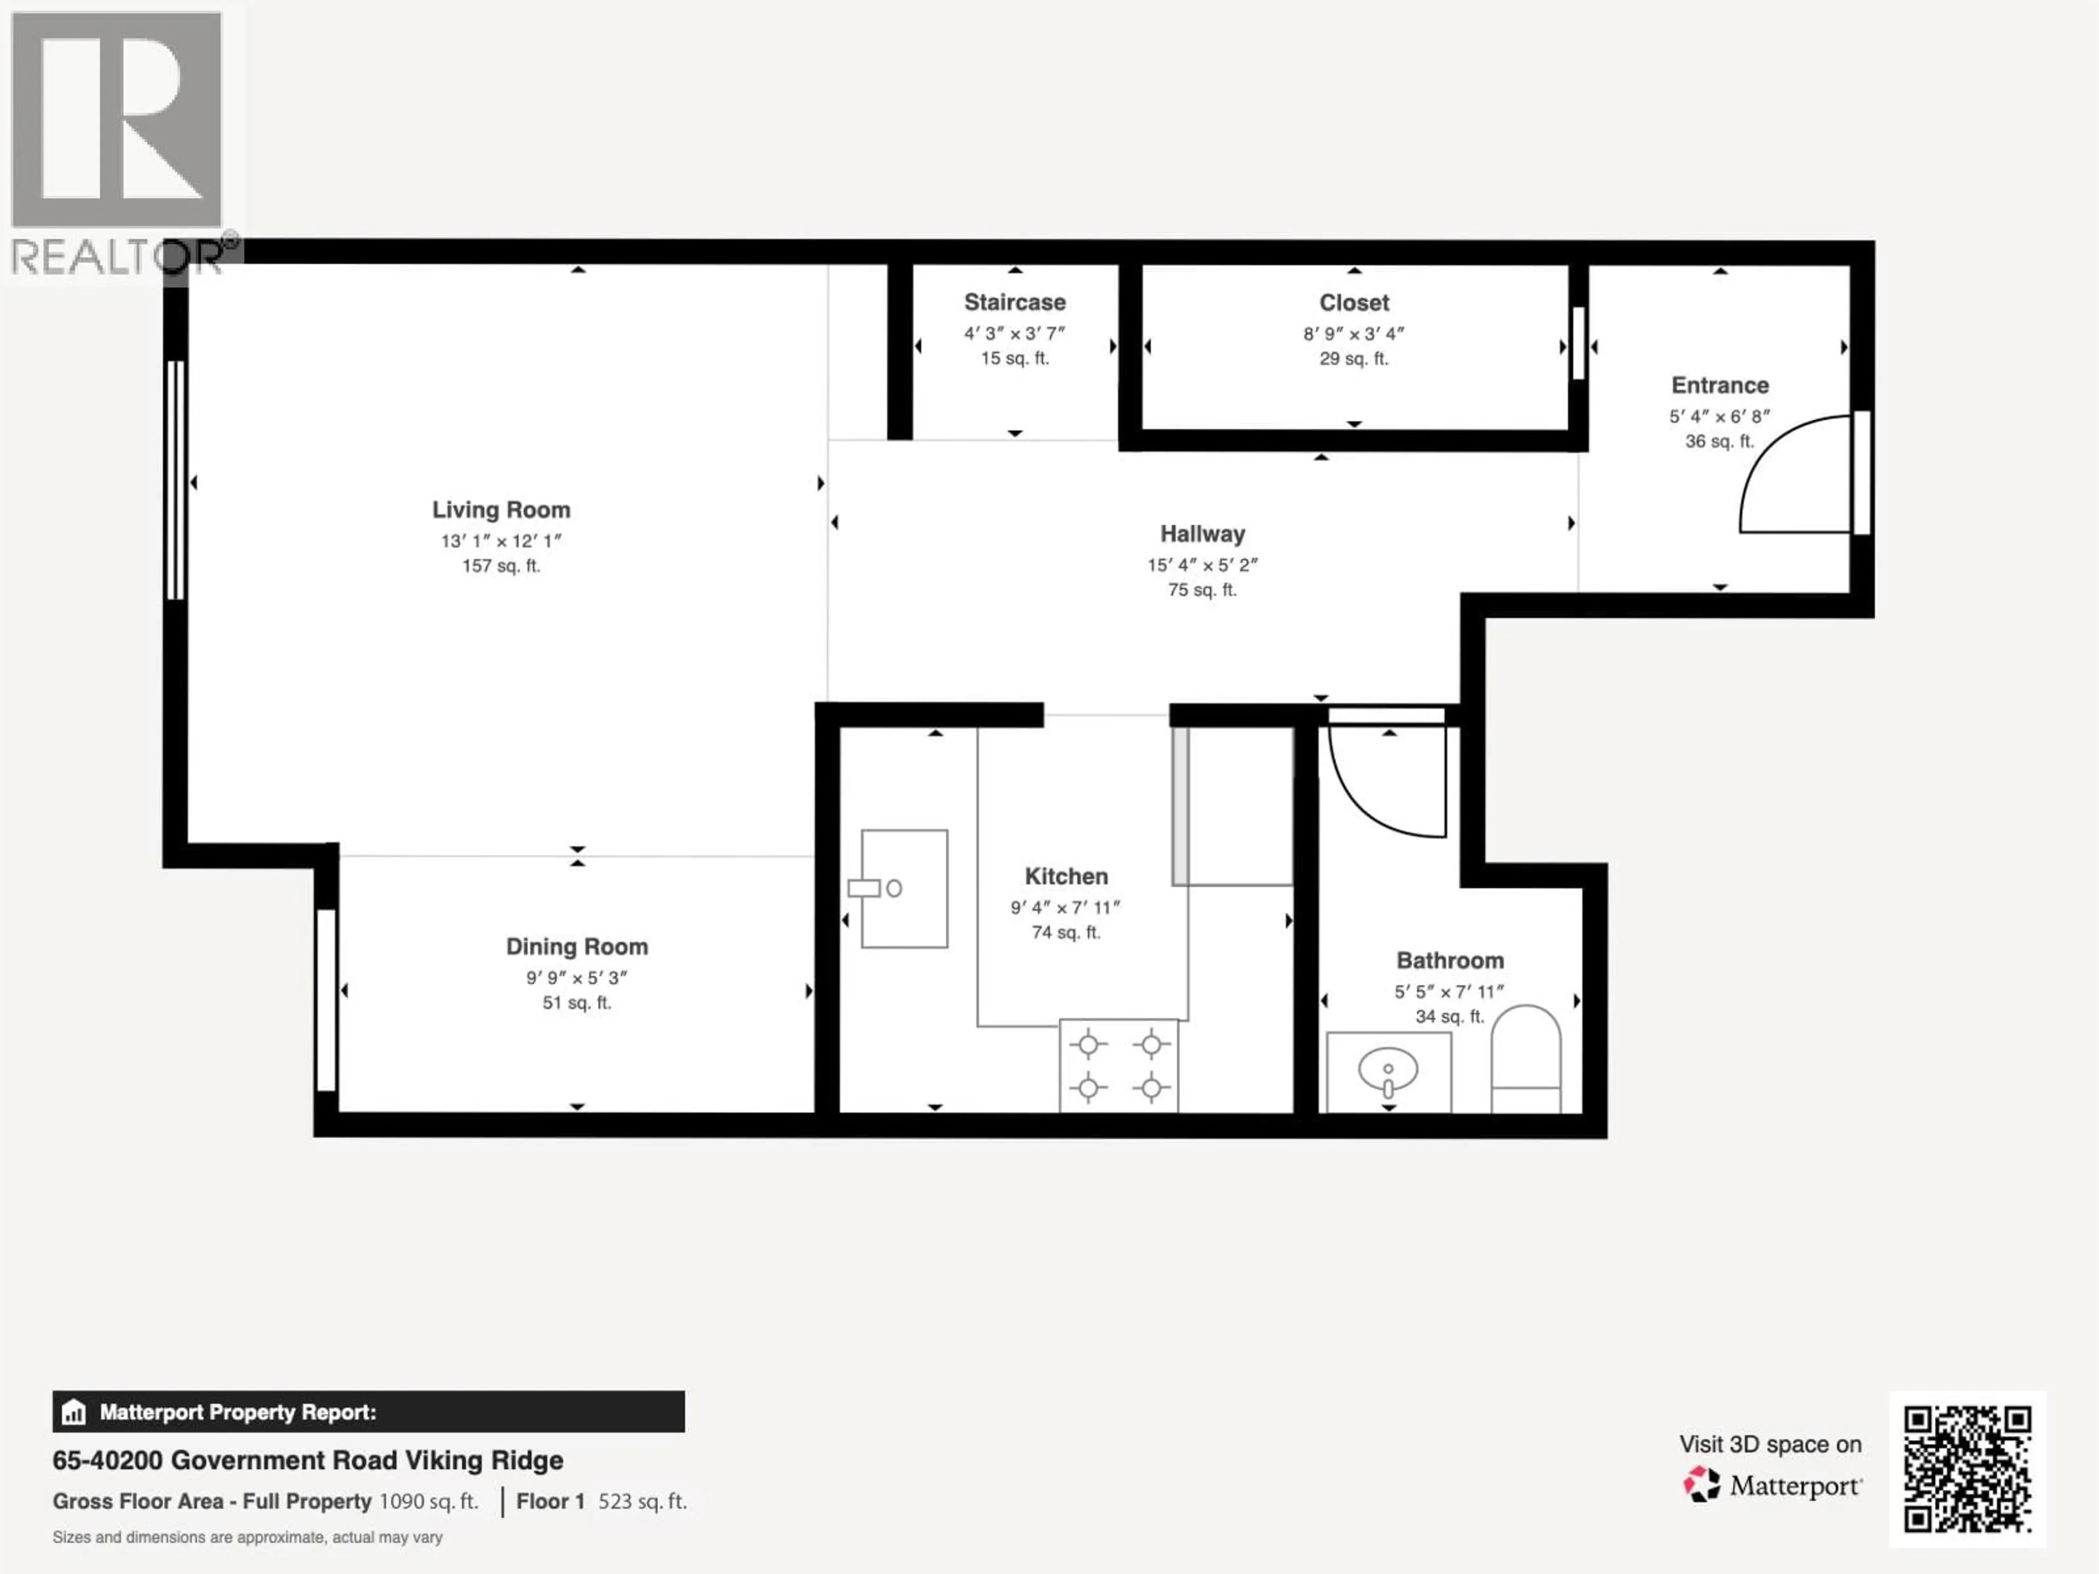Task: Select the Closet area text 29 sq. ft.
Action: (x=1353, y=359)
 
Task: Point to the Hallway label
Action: (x=1202, y=534)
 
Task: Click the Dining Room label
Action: (x=577, y=947)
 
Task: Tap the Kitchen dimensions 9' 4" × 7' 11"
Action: (x=1066, y=908)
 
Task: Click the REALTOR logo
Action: (x=117, y=142)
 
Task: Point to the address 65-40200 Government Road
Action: (x=307, y=1460)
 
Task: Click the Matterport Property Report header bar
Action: (x=368, y=1412)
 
